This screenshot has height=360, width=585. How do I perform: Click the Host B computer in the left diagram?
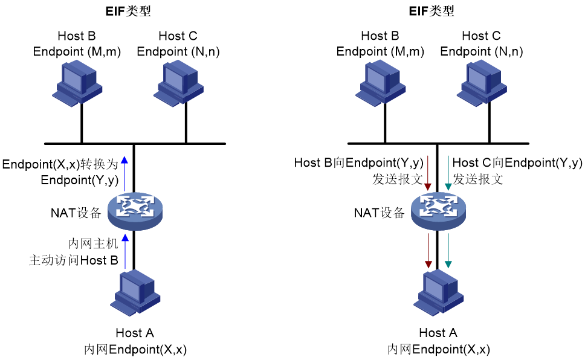tap(77, 83)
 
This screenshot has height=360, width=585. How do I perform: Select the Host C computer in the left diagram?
tap(179, 83)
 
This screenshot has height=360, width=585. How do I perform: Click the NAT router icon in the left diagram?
tap(135, 211)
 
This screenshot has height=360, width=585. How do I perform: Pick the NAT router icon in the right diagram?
tap(438, 211)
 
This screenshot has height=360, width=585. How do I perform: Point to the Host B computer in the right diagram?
tap(381, 83)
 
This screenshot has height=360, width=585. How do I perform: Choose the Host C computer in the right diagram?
tap(482, 83)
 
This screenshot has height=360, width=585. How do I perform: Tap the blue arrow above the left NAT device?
tap(124, 173)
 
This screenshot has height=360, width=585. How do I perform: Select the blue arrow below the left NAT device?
tap(125, 251)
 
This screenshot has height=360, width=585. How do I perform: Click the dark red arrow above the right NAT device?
tap(428, 173)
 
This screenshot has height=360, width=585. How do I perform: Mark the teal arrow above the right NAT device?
tap(448, 173)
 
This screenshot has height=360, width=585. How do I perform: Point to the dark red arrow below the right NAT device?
tap(428, 251)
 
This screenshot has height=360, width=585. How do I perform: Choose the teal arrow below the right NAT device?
tap(448, 251)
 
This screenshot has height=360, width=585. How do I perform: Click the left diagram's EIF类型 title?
tap(128, 11)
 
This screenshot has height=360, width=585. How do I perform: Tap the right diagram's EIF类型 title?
tap(431, 11)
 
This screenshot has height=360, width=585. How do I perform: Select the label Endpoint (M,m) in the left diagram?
tap(77, 51)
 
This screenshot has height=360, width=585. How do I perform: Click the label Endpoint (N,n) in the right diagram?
tap(482, 51)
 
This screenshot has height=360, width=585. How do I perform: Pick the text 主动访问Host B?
tap(74, 260)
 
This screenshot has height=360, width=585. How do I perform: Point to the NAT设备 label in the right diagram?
tap(379, 213)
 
